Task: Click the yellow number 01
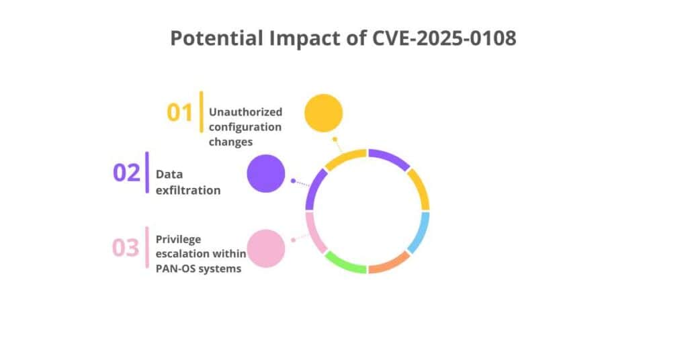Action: click(180, 112)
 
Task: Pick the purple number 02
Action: click(126, 173)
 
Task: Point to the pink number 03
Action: click(126, 247)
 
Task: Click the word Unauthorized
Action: click(245, 111)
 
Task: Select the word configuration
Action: click(245, 126)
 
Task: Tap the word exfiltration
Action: click(188, 190)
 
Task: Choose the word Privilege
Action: click(178, 238)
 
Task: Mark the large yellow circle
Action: click(323, 113)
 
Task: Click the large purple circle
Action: click(266, 173)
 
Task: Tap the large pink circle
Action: click(266, 248)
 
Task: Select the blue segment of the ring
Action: click(420, 231)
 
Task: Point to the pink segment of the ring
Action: click(314, 231)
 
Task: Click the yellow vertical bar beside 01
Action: click(201, 111)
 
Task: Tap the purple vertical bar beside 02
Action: click(147, 173)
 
